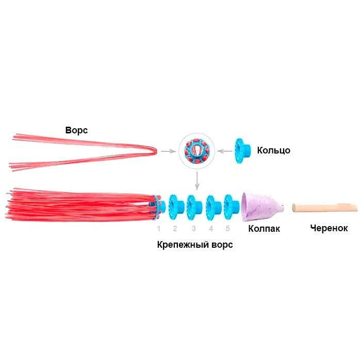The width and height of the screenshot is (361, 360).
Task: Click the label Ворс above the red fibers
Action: (76, 130)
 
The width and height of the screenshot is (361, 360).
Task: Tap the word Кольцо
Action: (273, 150)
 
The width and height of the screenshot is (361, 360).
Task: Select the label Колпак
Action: (264, 229)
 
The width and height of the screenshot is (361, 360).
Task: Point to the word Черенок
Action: (329, 228)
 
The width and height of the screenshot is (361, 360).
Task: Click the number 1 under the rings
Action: (158, 229)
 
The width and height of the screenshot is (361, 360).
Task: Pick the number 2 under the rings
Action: (175, 229)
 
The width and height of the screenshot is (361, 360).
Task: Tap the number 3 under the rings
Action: (194, 229)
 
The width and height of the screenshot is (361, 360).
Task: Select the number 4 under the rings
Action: (211, 229)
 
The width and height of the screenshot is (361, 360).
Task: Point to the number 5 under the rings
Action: (228, 229)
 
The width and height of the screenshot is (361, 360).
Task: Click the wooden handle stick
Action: (324, 208)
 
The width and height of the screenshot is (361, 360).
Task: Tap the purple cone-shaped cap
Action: (261, 207)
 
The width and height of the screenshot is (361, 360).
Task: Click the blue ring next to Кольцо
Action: (242, 150)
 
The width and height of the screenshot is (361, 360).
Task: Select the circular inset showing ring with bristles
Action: (197, 151)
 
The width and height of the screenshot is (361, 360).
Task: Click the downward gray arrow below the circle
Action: (197, 181)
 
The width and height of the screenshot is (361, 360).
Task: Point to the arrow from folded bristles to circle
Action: (168, 151)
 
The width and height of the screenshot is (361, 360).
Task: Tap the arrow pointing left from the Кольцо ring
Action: (225, 151)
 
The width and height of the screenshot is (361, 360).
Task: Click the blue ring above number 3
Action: (194, 207)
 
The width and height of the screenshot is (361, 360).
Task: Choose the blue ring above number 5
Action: (232, 207)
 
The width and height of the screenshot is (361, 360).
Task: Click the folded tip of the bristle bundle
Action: (156, 151)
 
